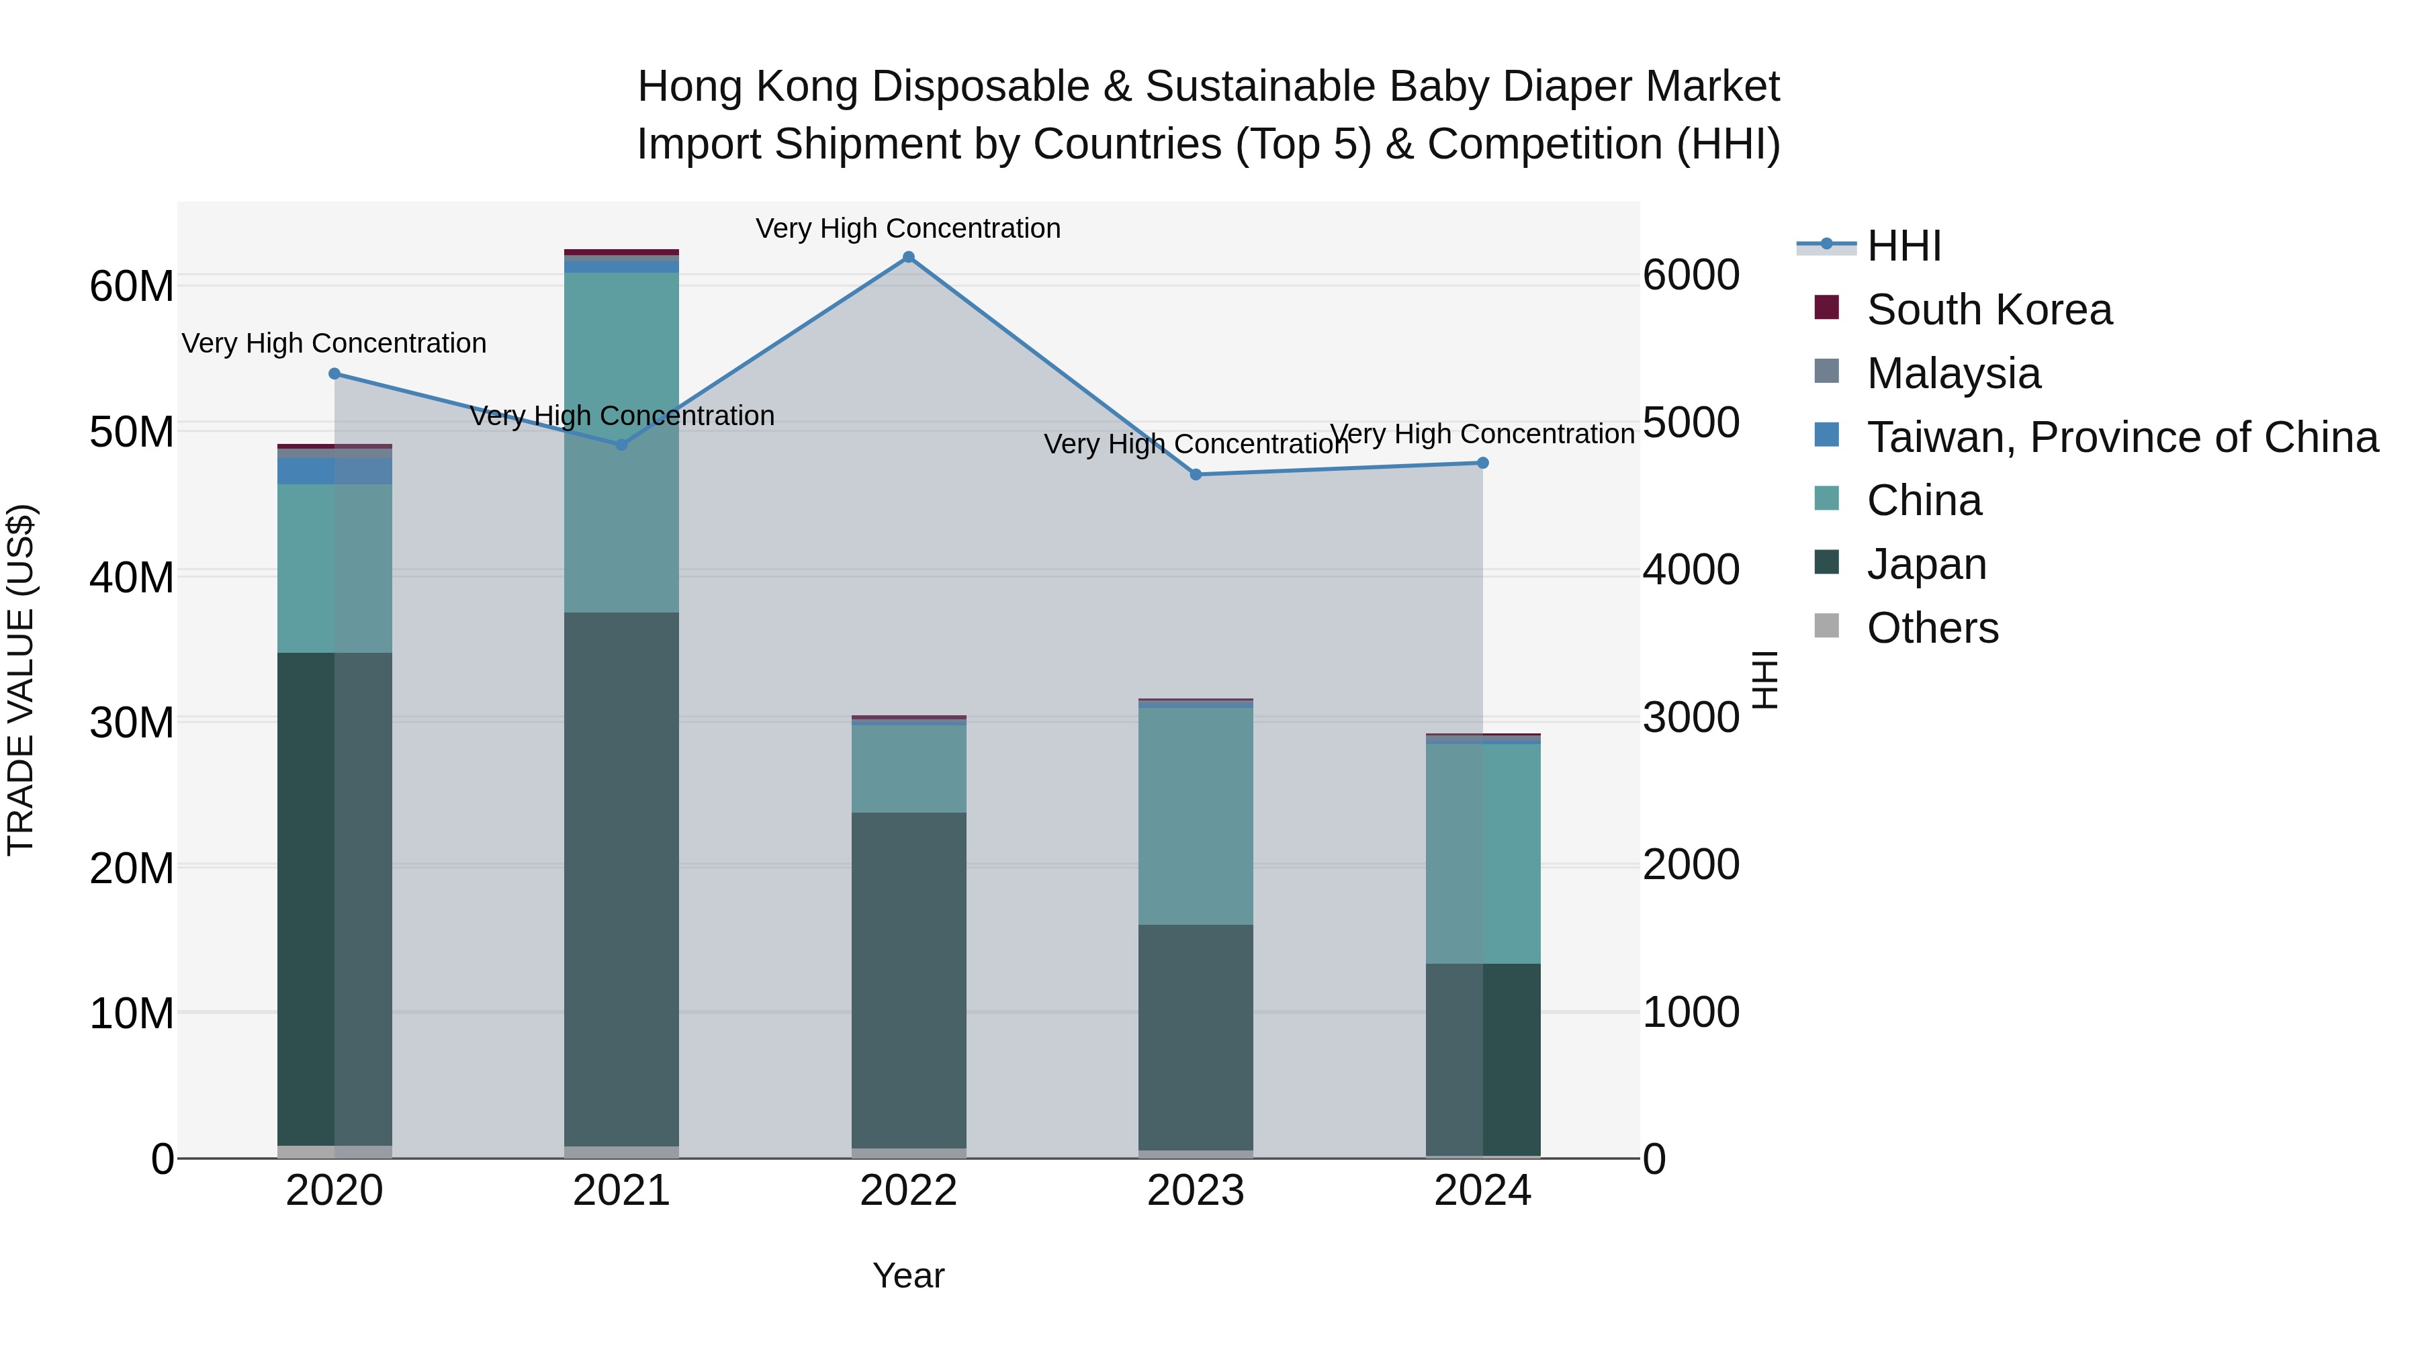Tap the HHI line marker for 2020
[x=334, y=373]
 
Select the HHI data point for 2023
[x=1195, y=475]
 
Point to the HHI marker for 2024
[x=1482, y=463]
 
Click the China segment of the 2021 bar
[x=621, y=441]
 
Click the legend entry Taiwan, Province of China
[x=2121, y=437]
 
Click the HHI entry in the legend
[x=1903, y=246]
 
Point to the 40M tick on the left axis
[x=132, y=576]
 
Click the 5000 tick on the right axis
[x=1691, y=422]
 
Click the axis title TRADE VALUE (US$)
[x=21, y=680]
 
